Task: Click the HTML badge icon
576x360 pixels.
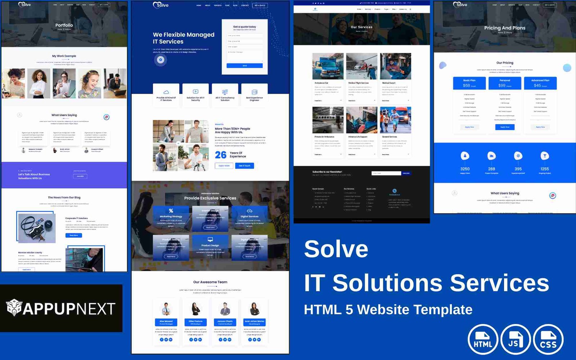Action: pyautogui.click(x=483, y=339)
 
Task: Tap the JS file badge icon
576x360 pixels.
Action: pyautogui.click(x=516, y=339)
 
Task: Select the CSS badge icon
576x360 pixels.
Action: pyautogui.click(x=548, y=339)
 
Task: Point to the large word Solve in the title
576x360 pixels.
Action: pyautogui.click(x=336, y=249)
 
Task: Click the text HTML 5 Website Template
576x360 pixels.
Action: pyautogui.click(x=388, y=310)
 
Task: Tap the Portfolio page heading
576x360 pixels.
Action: pyautogui.click(x=64, y=25)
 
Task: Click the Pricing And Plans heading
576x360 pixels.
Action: pyautogui.click(x=505, y=28)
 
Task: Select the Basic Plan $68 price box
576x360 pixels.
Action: pyautogui.click(x=469, y=83)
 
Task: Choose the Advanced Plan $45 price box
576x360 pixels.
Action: pyautogui.click(x=540, y=83)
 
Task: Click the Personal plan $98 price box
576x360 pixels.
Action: pyautogui.click(x=505, y=83)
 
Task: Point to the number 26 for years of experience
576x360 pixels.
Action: pyautogui.click(x=221, y=155)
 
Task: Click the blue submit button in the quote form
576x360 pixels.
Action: pyautogui.click(x=244, y=66)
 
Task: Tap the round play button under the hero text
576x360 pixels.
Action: pyautogui.click(x=161, y=60)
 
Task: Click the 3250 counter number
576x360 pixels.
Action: pyautogui.click(x=465, y=169)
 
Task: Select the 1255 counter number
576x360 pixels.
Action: pyautogui.click(x=545, y=169)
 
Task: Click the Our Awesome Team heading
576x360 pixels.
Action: pyautogui.click(x=210, y=282)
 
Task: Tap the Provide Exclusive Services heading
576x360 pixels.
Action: pyautogui.click(x=210, y=198)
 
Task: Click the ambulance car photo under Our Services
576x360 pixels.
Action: pyautogui.click(x=328, y=66)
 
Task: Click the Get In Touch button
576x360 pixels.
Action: pyautogui.click(x=245, y=166)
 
